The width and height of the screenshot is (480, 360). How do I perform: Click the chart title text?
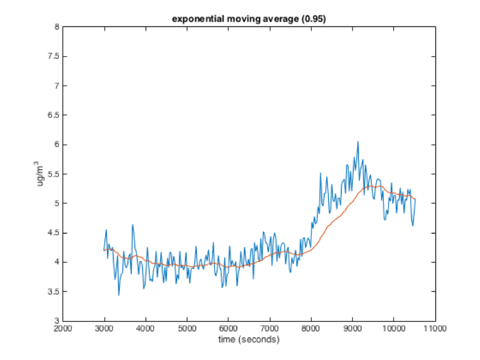coord(249,19)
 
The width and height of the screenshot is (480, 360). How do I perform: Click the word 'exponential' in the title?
coord(194,19)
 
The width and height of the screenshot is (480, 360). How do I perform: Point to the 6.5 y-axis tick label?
coord(53,115)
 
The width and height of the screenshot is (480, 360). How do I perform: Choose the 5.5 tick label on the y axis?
coord(53,174)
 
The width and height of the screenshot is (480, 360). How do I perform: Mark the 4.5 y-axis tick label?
coord(53,233)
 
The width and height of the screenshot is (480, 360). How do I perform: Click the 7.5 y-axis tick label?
coord(53,56)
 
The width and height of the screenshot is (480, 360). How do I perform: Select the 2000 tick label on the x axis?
coord(63,329)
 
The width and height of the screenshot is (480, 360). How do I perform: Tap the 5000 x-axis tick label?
coord(187,329)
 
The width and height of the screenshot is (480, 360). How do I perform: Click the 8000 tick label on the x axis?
coord(311,329)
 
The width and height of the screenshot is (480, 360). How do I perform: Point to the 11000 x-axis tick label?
coord(435,329)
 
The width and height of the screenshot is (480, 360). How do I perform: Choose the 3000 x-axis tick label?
coord(104,329)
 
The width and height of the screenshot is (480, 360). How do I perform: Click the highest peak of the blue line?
coord(358,142)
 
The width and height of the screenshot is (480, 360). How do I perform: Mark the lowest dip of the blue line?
coord(118,295)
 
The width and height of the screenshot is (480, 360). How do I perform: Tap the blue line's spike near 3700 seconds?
coord(132,224)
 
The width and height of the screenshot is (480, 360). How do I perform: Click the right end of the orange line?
coord(415,199)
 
